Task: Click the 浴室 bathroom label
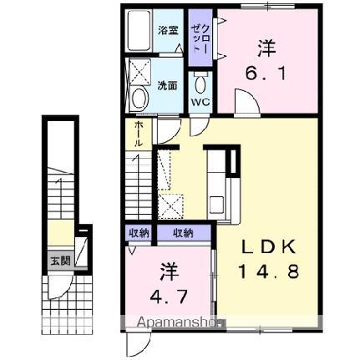point(168,31)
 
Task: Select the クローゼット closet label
point(198,38)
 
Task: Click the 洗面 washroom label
point(167,85)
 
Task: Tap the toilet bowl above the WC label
point(200,84)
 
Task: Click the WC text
point(200,103)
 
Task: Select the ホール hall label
point(138,133)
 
